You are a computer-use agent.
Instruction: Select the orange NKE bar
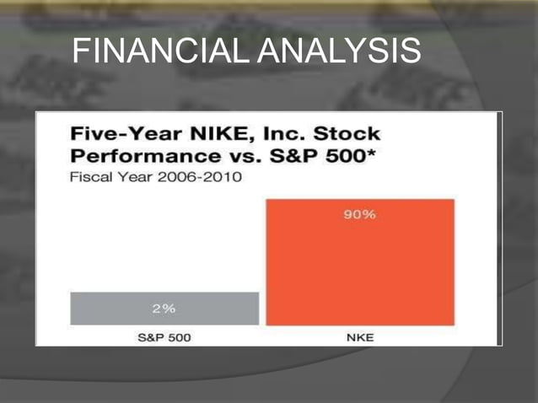coord(360,270)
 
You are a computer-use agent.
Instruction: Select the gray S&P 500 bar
coord(164,308)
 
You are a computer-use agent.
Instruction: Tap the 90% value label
coord(359,215)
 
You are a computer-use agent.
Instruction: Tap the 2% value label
coord(164,308)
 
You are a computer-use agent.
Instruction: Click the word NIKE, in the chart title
coord(190,134)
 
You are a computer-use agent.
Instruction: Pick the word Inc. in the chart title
coord(258,134)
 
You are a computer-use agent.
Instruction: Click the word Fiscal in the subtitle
coord(87,178)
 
